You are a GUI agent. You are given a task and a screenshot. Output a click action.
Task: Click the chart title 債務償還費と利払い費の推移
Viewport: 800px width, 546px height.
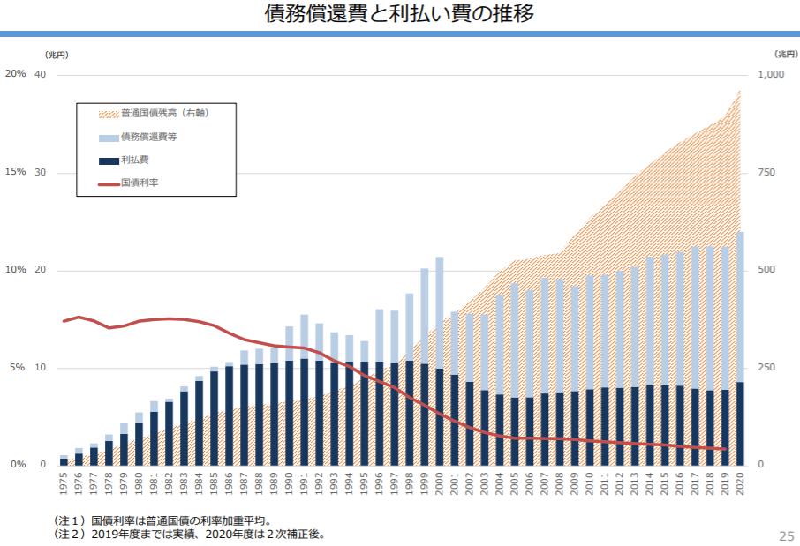click(399, 14)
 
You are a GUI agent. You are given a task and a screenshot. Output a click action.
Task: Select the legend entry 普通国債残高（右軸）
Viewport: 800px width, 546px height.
click(164, 114)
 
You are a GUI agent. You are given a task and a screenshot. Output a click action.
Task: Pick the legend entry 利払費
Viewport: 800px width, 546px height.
click(135, 161)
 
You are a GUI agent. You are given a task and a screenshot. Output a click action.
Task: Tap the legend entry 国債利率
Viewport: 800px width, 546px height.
click(140, 183)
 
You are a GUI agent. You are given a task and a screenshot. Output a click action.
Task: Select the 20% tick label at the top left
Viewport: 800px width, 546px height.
click(15, 74)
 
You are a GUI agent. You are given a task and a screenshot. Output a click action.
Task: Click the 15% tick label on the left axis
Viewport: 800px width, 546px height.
click(15, 172)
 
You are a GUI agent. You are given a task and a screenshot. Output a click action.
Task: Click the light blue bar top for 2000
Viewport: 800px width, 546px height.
click(439, 258)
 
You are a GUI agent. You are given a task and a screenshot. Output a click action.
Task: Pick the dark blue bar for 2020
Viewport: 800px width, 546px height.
click(739, 423)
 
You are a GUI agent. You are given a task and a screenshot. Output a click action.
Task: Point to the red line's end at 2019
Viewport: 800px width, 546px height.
click(725, 449)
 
